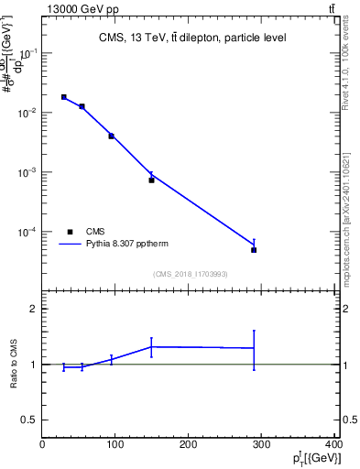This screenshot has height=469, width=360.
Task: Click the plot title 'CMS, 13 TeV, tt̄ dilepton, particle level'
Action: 191,38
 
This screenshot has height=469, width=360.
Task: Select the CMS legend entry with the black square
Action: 84,232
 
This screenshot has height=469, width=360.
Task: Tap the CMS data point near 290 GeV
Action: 254,249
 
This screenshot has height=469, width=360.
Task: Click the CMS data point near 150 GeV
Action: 151,180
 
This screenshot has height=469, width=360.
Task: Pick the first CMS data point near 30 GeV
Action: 63,96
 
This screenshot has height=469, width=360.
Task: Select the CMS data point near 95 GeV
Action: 111,136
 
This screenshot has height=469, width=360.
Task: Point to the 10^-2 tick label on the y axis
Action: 27,113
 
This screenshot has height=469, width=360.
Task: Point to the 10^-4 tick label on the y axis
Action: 27,232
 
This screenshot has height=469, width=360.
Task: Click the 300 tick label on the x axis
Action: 262,445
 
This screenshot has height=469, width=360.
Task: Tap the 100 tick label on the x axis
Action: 115,445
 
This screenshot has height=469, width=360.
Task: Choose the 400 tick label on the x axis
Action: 334,445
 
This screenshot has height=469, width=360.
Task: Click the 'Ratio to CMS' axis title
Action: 15,364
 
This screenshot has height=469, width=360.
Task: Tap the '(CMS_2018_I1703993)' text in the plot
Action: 190,274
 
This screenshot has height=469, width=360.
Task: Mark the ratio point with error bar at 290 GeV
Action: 254,348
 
